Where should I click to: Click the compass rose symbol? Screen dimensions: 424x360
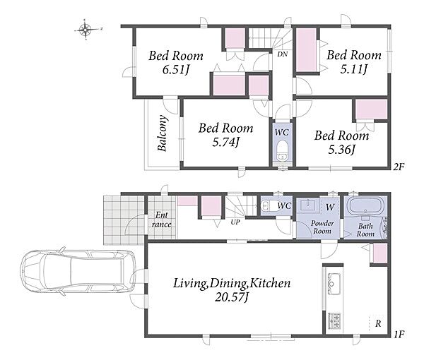(86, 30)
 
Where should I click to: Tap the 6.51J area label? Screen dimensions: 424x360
(175, 70)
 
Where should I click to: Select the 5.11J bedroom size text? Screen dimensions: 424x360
(354, 70)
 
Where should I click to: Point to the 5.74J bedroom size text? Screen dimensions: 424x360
(226, 142)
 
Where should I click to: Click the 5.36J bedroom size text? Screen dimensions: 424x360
(341, 150)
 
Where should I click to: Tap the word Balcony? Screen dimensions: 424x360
(162, 133)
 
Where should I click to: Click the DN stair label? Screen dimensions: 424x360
(282, 54)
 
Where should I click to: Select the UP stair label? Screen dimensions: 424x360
(235, 223)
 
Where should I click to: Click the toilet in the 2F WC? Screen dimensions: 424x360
(282, 150)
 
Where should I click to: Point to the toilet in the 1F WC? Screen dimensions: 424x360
(268, 206)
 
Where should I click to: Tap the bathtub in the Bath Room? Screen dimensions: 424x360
(365, 205)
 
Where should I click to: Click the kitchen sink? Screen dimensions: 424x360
(334, 284)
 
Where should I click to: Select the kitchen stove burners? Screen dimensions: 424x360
(334, 320)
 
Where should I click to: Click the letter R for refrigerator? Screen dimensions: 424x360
(378, 323)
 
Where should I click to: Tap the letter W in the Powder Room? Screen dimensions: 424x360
(330, 208)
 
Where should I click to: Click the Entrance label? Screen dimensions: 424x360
(161, 220)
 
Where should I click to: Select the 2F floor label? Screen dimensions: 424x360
(399, 167)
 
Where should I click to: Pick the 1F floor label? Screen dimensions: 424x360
(399, 335)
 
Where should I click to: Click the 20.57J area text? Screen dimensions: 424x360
(232, 298)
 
